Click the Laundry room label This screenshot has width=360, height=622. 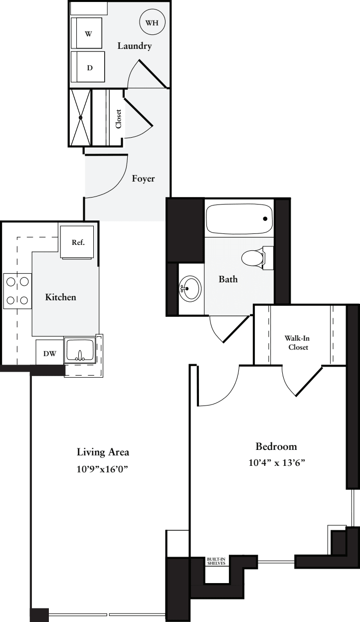tap(134, 46)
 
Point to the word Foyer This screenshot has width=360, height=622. tap(143, 179)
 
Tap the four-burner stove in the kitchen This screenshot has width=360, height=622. tap(16, 291)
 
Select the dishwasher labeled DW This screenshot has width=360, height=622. tap(49, 353)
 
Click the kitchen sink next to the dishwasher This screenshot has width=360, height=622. tap(80, 349)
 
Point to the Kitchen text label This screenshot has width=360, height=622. tap(61, 297)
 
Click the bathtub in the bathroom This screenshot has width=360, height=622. tap(239, 218)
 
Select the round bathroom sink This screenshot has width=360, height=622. tap(189, 288)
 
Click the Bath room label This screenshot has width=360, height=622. tap(228, 279)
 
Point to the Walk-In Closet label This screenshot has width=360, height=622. tap(298, 343)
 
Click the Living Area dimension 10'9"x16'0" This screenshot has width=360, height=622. tap(103, 469)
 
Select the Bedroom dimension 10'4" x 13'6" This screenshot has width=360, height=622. tap(276, 462)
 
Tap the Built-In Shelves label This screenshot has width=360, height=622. tap(216, 561)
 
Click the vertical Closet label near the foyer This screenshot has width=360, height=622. tap(118, 119)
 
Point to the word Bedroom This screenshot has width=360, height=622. tap(276, 446)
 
